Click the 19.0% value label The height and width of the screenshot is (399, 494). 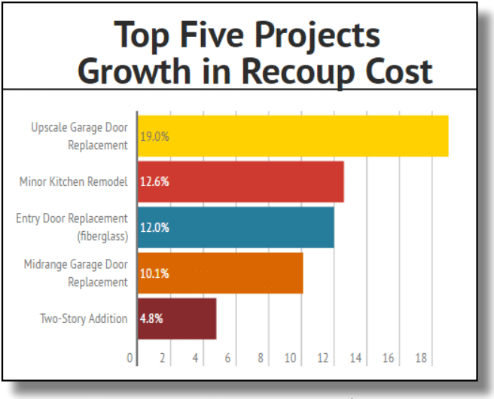[155, 137]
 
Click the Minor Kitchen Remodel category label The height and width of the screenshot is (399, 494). [74, 181]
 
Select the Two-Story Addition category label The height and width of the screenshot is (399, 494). [84, 318]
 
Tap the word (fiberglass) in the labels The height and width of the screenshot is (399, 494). [102, 236]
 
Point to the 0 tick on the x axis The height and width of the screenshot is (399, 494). [130, 358]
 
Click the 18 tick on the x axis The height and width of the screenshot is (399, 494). [421, 358]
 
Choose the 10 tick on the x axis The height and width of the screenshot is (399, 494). [291, 358]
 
